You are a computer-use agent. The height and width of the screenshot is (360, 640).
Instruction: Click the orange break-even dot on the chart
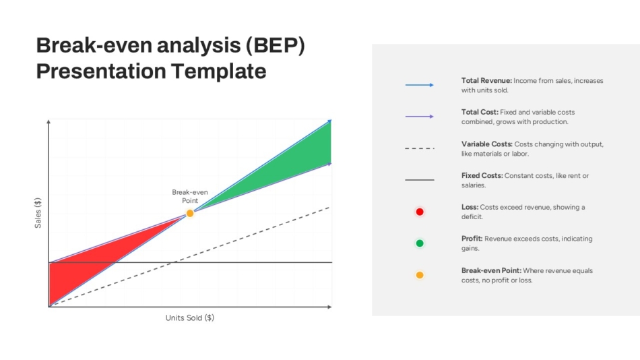coord(190,213)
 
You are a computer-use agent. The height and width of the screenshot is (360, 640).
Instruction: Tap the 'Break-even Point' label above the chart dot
coord(190,196)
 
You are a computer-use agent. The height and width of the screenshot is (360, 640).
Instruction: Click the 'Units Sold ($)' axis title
coord(190,318)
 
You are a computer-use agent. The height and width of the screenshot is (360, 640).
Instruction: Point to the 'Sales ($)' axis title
coord(38,213)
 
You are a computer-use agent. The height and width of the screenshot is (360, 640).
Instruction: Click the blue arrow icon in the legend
coord(419,85)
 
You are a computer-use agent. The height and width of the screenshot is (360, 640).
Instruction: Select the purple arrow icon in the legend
coord(419,117)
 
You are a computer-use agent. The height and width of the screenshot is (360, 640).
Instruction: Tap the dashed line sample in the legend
coord(419,148)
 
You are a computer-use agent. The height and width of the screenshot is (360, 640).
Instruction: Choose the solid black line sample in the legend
coord(419,180)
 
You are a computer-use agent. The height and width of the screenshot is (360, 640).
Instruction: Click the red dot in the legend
coord(420,212)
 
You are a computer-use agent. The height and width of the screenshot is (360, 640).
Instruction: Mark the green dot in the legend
coord(420,243)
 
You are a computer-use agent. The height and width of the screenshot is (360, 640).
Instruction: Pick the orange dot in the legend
coord(420,275)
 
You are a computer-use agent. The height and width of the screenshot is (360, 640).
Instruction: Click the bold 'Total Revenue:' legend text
coord(486,80)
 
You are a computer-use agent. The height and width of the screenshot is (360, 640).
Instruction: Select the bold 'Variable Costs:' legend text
coord(487,144)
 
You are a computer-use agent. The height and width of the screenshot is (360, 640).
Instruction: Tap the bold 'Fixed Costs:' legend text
coord(482,175)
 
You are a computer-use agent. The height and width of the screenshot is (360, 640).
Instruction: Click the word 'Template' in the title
coord(218,71)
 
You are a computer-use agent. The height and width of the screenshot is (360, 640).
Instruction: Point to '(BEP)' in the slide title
coord(275,45)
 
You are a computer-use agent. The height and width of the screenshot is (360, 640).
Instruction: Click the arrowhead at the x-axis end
coord(329,307)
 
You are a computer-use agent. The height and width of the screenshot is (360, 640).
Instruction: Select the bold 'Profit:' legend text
coord(472,238)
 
